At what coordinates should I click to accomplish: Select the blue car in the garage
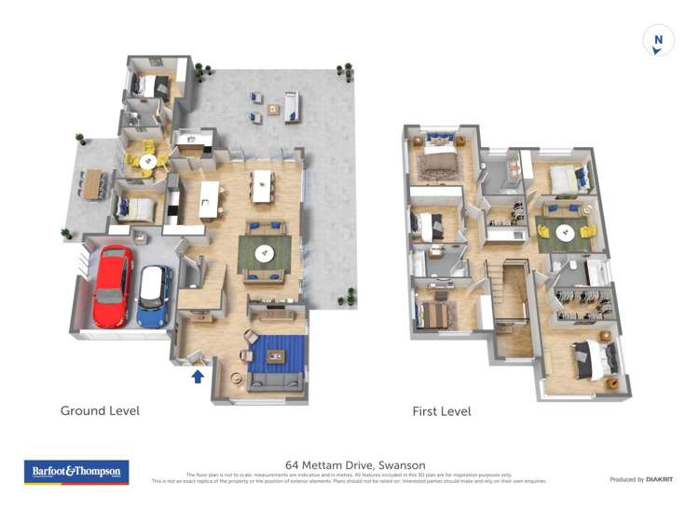click(154, 295)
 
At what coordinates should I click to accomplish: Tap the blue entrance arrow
click(198, 376)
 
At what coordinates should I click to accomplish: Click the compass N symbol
click(658, 41)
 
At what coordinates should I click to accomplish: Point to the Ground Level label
click(100, 410)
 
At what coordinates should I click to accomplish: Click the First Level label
click(442, 411)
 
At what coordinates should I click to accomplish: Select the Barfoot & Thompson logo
click(75, 472)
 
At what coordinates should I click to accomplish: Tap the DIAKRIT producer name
click(654, 479)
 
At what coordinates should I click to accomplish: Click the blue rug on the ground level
click(277, 354)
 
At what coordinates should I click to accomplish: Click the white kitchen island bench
click(210, 199)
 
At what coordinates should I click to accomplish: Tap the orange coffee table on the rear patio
click(274, 109)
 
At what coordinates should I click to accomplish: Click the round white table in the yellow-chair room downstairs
click(144, 159)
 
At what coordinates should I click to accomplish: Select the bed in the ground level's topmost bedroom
click(150, 87)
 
